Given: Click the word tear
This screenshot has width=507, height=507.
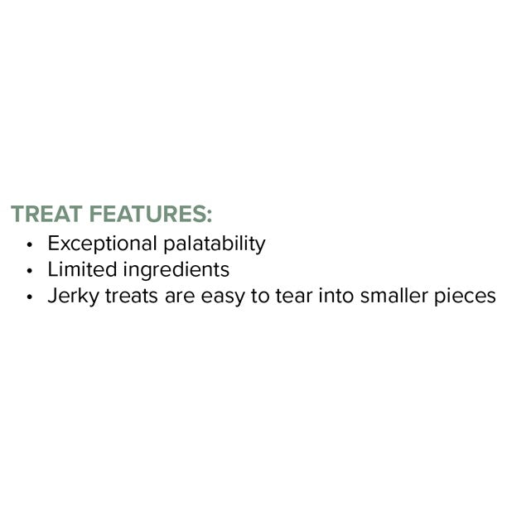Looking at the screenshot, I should tap(289, 296).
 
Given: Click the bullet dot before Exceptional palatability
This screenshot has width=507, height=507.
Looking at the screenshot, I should tap(30, 246).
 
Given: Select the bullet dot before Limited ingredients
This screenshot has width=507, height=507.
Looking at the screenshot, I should tap(30, 272).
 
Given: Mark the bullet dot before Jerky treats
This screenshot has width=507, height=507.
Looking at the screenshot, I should tap(30, 297).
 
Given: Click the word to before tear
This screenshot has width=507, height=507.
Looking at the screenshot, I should tap(260, 296).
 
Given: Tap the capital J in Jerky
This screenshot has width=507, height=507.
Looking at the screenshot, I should tap(51, 296).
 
